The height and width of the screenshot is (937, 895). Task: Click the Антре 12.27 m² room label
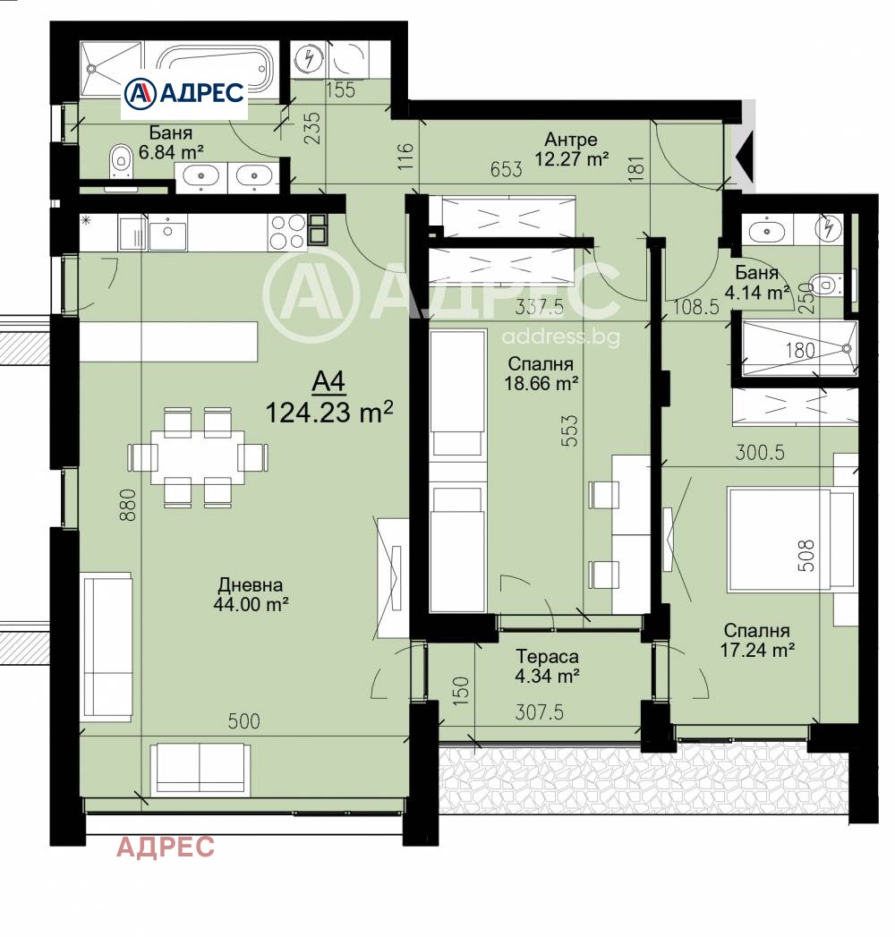tap(571, 149)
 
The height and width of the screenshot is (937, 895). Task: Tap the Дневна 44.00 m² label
tap(251, 594)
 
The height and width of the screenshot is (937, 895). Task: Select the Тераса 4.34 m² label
tap(547, 666)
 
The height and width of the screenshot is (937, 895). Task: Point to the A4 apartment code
tap(328, 381)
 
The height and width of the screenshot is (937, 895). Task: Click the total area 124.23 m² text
tap(329, 412)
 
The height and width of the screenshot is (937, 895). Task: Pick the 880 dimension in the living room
tap(129, 505)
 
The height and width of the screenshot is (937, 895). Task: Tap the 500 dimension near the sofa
tap(243, 721)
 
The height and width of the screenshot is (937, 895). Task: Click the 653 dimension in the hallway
tap(506, 169)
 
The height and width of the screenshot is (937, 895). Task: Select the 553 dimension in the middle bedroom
tap(570, 430)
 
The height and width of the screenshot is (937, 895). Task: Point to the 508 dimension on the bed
tap(806, 555)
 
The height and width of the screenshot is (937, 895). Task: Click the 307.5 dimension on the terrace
tap(540, 712)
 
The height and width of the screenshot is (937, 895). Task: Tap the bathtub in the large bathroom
tap(214, 68)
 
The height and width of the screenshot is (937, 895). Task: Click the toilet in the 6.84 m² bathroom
tap(120, 159)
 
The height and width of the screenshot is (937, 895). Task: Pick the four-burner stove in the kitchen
tap(287, 231)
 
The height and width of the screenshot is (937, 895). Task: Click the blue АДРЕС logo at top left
tap(184, 93)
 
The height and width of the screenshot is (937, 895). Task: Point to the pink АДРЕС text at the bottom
tap(166, 847)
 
